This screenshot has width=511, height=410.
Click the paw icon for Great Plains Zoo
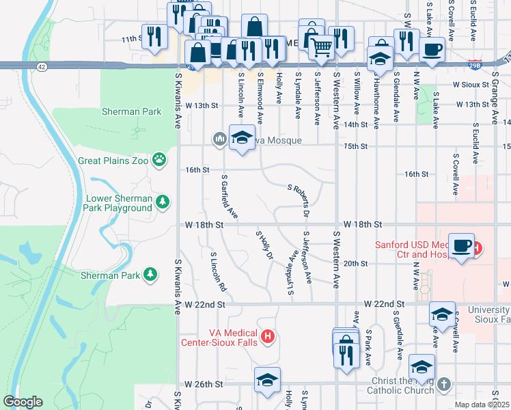pos(159,160)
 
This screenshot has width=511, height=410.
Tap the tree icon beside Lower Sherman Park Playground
pos(162,202)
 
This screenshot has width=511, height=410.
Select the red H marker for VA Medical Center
pos(268,336)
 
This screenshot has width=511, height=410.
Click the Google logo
pos(23,402)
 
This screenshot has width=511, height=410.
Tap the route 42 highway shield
pos(42,66)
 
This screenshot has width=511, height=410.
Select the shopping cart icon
pos(321,46)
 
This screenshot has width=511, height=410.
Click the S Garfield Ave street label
pos(229,197)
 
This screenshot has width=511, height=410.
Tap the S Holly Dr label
pos(264,245)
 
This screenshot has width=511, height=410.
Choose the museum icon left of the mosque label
pos(219,139)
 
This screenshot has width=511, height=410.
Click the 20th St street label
pos(355,264)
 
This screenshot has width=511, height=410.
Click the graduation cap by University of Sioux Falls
pos(442,315)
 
